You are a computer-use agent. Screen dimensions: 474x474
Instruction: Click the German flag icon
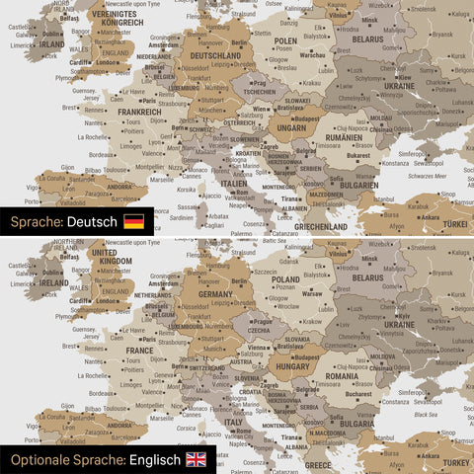pyautogui.click(x=133, y=221)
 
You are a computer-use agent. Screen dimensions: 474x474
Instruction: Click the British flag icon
pyautogui.click(x=197, y=459)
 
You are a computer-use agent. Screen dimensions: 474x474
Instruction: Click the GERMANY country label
pyautogui.click(x=215, y=294)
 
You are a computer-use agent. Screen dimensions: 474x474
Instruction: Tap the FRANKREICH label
pyautogui.click(x=140, y=112)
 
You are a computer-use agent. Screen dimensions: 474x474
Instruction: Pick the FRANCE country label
pyautogui.click(x=139, y=350)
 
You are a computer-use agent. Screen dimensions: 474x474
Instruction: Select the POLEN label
pyautogui.click(x=285, y=41)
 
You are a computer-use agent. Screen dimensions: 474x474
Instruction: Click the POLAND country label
pyautogui.click(x=286, y=279)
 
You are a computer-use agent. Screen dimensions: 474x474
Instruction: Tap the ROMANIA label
pyautogui.click(x=343, y=376)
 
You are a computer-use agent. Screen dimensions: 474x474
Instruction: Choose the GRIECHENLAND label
pyautogui.click(x=320, y=226)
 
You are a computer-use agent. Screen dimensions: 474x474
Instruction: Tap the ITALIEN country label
pyautogui.click(x=234, y=184)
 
